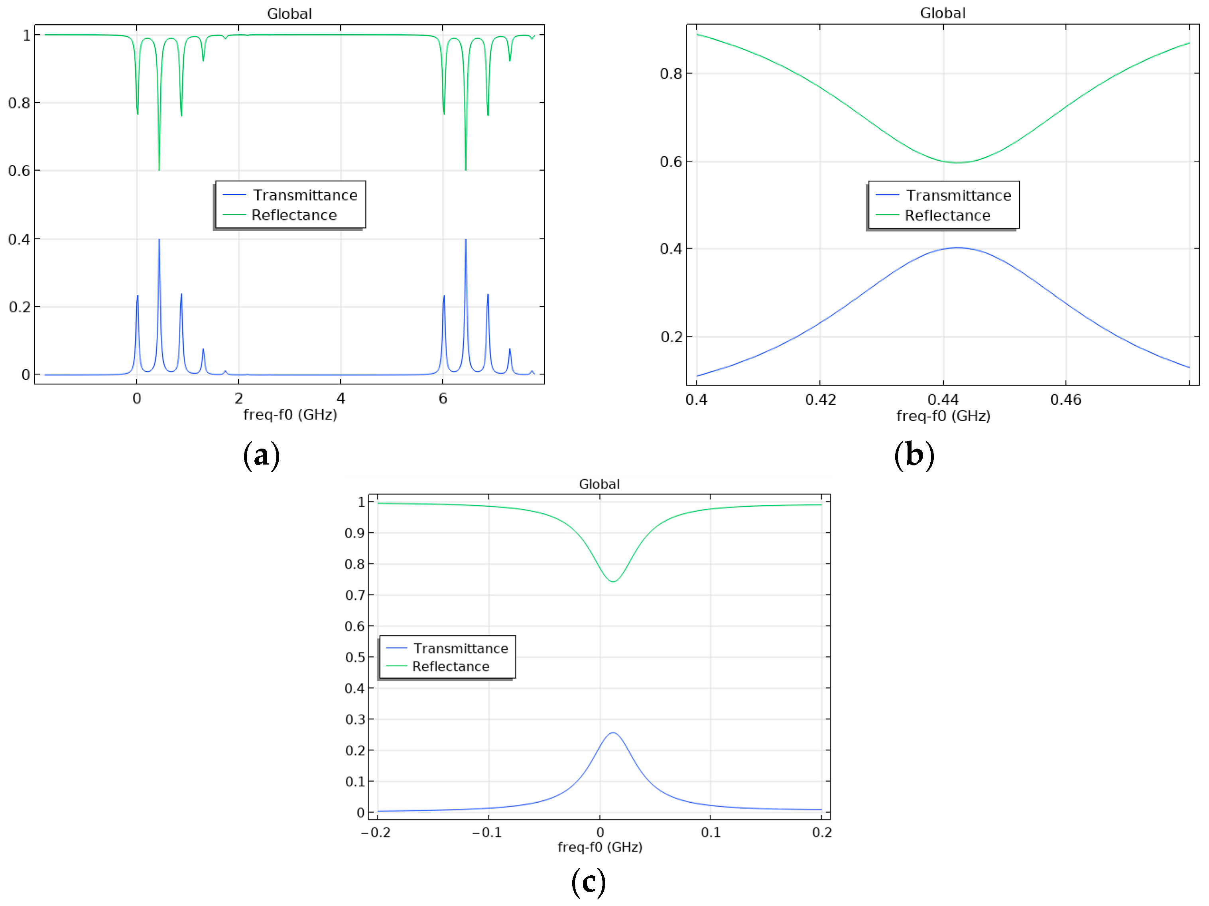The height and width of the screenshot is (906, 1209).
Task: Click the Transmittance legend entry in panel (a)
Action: [304, 195]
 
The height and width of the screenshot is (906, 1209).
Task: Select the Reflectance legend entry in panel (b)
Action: [947, 215]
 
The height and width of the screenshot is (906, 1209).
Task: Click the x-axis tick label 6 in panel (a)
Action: [443, 399]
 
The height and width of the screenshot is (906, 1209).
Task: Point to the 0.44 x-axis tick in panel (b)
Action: [943, 400]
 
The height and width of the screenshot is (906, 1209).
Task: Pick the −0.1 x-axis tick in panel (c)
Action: [486, 832]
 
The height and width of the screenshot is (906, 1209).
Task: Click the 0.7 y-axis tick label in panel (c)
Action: [355, 595]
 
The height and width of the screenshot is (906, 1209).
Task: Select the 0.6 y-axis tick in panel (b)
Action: [671, 162]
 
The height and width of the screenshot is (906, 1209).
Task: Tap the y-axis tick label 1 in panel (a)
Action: [26, 35]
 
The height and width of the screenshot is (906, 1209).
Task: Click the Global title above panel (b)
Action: [942, 13]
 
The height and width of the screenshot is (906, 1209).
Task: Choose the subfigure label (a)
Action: [261, 455]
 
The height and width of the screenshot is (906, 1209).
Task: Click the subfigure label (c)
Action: [588, 882]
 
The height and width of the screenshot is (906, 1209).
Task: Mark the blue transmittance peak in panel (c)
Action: [613, 733]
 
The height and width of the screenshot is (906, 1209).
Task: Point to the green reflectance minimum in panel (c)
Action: [613, 581]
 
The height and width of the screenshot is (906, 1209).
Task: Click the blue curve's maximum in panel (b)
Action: [957, 248]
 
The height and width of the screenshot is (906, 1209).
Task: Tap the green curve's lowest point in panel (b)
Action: [957, 162]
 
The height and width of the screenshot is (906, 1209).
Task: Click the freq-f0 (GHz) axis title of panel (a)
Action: [289, 415]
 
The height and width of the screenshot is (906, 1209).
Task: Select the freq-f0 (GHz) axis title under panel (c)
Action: [600, 847]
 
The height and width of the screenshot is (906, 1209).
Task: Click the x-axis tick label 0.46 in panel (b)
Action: [1065, 400]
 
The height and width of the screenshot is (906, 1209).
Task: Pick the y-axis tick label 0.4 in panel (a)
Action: [19, 239]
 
